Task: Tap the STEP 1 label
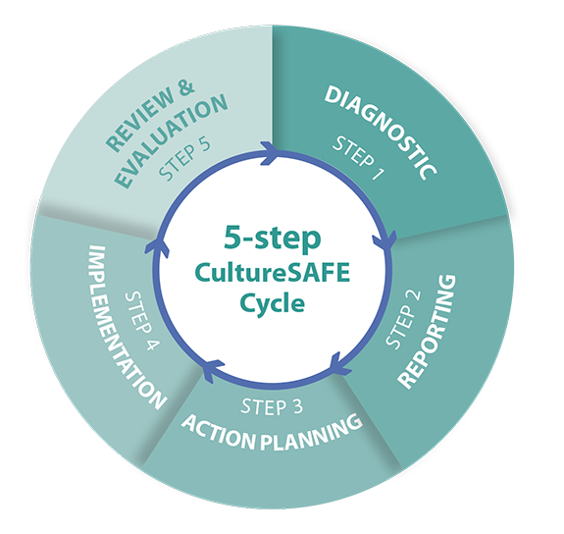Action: point(358,158)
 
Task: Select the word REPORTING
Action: point(428,332)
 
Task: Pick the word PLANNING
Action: point(311,434)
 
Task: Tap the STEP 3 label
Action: point(272,407)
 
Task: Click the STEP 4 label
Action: point(141,321)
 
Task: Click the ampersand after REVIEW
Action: point(185,88)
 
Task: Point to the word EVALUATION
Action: point(171,141)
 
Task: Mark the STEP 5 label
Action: point(184,159)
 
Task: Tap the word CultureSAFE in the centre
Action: point(273,273)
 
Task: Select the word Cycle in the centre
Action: point(273,302)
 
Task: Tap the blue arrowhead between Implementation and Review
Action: point(155,247)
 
